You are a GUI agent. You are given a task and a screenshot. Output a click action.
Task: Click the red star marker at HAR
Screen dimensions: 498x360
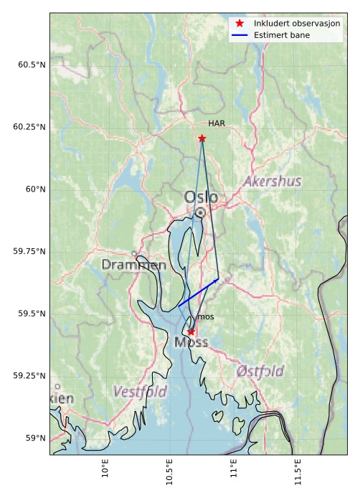pos(202,138)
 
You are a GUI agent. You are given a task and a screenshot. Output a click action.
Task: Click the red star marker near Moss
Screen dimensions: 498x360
pos(191,332)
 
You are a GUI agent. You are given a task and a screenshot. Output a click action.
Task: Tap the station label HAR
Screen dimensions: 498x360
pos(217,123)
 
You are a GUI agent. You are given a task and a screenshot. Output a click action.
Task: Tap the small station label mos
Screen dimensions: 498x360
pos(205,316)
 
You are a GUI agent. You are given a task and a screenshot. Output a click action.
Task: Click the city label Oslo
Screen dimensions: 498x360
pos(201,197)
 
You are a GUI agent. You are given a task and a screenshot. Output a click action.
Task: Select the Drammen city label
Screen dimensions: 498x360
pos(133,265)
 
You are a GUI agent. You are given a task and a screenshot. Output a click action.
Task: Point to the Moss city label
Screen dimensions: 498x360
pos(191,343)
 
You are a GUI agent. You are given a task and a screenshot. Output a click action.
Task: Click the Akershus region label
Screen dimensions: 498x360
pos(272,182)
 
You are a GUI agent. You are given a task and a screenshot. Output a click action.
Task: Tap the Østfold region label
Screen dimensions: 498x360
pos(260,371)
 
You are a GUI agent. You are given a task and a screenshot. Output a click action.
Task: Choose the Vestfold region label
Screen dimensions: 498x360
pos(140,392)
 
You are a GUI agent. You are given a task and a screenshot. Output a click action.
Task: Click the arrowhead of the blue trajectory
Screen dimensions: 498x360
pos(217,280)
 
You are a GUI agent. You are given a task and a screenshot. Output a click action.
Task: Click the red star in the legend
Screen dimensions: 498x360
pos(240,24)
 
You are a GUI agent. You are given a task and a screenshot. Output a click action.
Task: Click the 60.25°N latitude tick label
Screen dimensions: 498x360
pos(29,127)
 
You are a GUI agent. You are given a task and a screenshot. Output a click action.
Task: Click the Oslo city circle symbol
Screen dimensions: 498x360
pos(200,212)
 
